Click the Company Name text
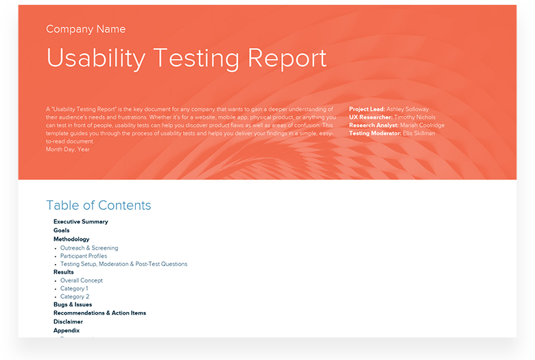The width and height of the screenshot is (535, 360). pyautogui.click(x=86, y=29)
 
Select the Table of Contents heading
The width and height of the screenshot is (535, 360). pyautogui.click(x=98, y=206)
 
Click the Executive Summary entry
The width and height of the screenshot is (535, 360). pyautogui.click(x=80, y=221)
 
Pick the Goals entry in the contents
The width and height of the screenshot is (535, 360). pyautogui.click(x=61, y=230)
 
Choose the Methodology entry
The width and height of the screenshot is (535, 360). pyautogui.click(x=71, y=239)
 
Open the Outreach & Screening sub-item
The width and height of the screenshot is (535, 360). pyautogui.click(x=89, y=248)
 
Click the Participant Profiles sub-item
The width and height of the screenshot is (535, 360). pyautogui.click(x=84, y=256)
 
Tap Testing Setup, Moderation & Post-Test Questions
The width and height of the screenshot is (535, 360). pyautogui.click(x=123, y=264)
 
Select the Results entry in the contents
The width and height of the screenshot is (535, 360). pyautogui.click(x=63, y=272)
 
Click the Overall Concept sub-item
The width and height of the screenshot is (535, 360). pyautogui.click(x=82, y=280)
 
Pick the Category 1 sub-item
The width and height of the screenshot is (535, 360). pyautogui.click(x=74, y=289)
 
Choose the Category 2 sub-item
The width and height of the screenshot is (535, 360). pyautogui.click(x=75, y=297)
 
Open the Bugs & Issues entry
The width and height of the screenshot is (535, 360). pyautogui.click(x=72, y=304)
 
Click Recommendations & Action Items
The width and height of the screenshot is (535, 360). pyautogui.click(x=99, y=313)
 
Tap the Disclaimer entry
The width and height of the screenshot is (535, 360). pyautogui.click(x=68, y=322)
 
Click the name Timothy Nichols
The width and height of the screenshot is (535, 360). pyautogui.click(x=414, y=117)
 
